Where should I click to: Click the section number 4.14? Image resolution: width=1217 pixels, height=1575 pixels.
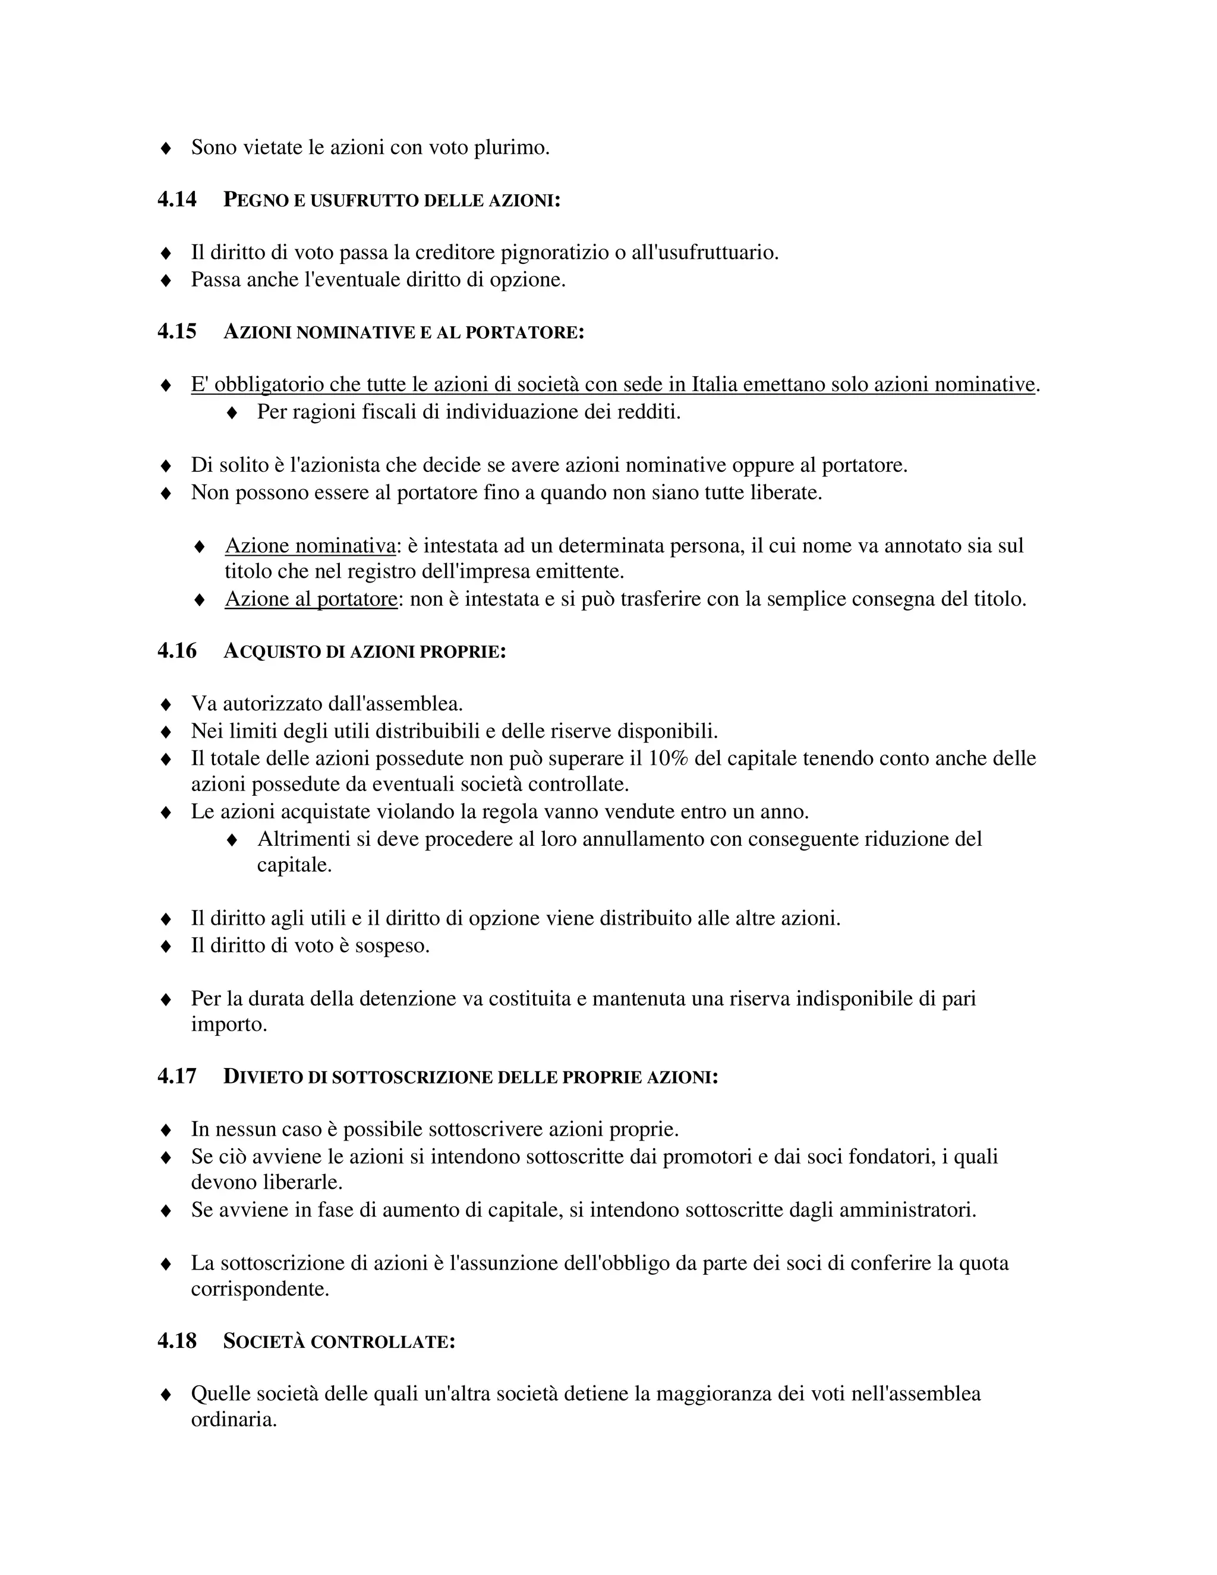point(176,199)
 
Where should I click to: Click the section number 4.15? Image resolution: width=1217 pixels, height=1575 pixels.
point(176,332)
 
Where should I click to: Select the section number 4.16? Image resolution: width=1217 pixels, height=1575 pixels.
point(176,650)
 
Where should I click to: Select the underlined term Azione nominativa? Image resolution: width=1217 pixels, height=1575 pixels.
point(310,546)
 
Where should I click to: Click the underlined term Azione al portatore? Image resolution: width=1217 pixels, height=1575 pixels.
point(311,599)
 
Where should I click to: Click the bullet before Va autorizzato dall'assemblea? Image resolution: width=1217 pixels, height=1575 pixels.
point(165,704)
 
